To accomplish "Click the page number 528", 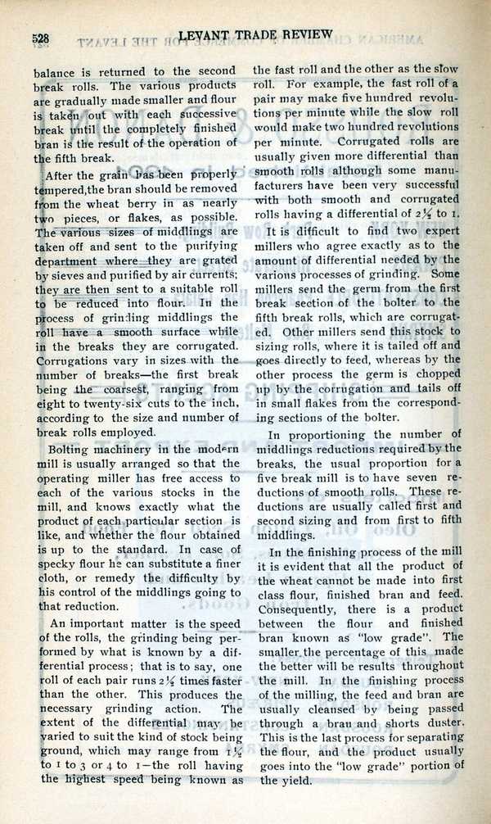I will pyautogui.click(x=41, y=38).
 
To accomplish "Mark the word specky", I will pyautogui.click(x=59, y=564).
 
